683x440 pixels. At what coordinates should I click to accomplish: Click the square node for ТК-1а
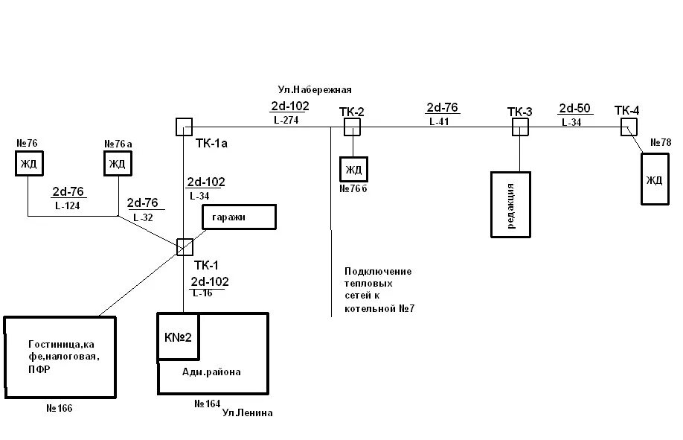tap(184, 127)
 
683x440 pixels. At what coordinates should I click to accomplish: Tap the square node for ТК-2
tap(352, 127)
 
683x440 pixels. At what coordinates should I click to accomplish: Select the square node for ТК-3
tap(519, 127)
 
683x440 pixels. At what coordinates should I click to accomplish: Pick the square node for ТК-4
tap(629, 127)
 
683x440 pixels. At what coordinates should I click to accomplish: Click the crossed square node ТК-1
tap(184, 246)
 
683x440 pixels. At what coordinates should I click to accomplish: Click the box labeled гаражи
tap(239, 217)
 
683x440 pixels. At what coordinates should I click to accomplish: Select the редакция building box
tap(510, 205)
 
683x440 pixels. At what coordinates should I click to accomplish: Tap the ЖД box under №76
tap(28, 164)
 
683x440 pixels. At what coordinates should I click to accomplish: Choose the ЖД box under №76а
tap(117, 164)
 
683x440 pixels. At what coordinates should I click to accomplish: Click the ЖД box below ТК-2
tap(353, 170)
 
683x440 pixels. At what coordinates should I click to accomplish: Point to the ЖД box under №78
tap(655, 179)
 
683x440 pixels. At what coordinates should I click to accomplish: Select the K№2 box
tap(178, 337)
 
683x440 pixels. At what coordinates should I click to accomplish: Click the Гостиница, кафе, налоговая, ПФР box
tap(60, 357)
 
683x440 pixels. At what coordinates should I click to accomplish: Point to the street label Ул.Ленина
tap(248, 413)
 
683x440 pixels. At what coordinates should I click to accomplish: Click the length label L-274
tap(286, 119)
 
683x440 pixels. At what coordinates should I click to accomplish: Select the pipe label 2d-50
tap(575, 109)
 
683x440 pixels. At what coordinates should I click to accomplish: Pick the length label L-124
tap(67, 205)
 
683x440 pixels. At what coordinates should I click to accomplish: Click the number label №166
tap(60, 409)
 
